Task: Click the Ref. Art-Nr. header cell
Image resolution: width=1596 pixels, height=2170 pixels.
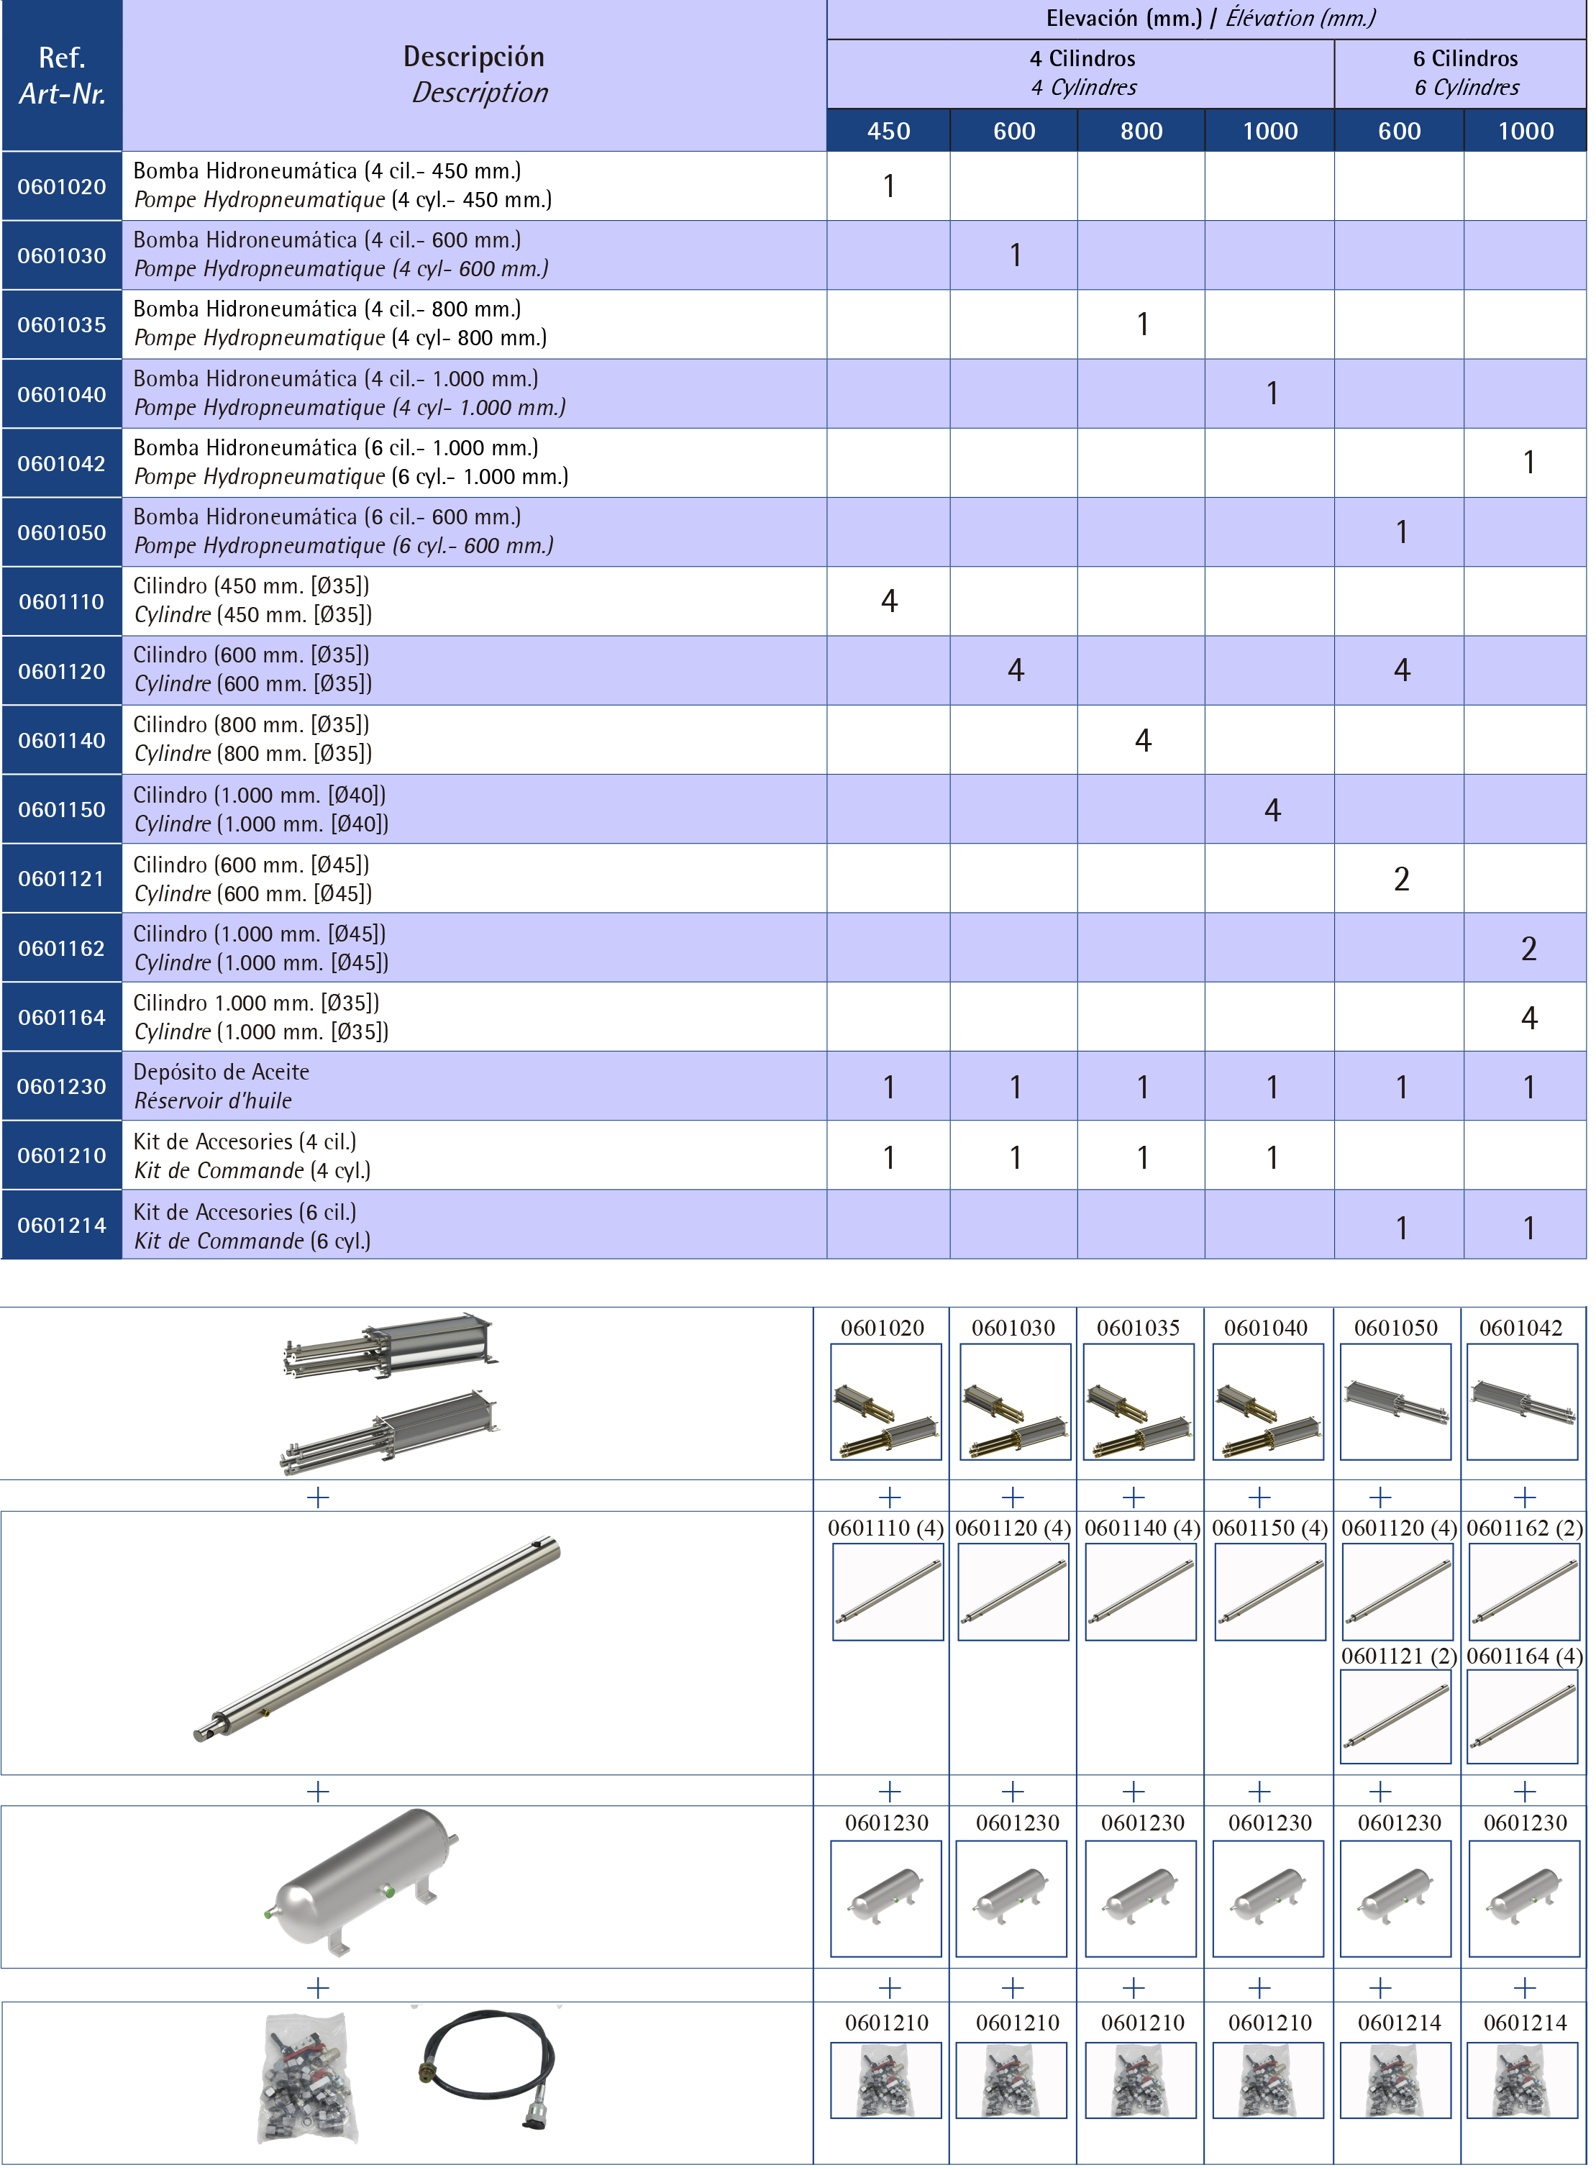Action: point(62,76)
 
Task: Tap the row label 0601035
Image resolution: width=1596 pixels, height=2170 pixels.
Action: point(62,324)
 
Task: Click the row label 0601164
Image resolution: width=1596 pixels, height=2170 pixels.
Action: point(62,1017)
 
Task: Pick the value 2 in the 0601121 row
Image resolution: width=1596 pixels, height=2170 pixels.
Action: point(1401,879)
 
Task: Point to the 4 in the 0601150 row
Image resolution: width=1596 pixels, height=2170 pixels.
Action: point(1272,811)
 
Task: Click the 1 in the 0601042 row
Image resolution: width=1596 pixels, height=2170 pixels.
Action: point(1528,462)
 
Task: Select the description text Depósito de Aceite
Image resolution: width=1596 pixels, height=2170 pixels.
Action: point(222,1072)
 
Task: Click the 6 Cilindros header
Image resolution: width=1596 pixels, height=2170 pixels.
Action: point(1464,59)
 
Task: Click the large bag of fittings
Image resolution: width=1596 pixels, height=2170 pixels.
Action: point(306,2076)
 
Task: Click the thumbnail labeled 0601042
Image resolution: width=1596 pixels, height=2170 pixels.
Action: point(1522,1401)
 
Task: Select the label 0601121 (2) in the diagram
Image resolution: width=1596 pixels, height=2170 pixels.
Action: point(1398,1656)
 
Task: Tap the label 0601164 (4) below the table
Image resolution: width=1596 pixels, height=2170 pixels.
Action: point(1523,1656)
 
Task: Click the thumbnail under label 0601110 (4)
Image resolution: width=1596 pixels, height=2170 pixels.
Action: point(887,1591)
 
